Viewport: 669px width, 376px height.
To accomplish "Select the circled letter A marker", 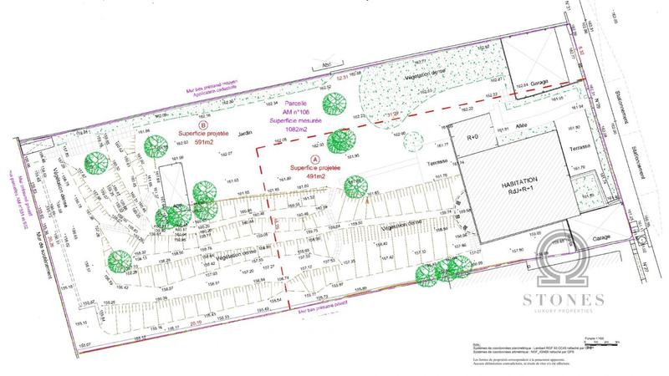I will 314,158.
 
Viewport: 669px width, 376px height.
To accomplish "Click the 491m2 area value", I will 314,176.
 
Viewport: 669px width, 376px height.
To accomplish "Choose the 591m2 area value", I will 194,143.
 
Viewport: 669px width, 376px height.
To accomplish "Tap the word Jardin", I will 243,134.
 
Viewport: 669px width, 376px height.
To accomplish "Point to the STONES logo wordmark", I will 570,299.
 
